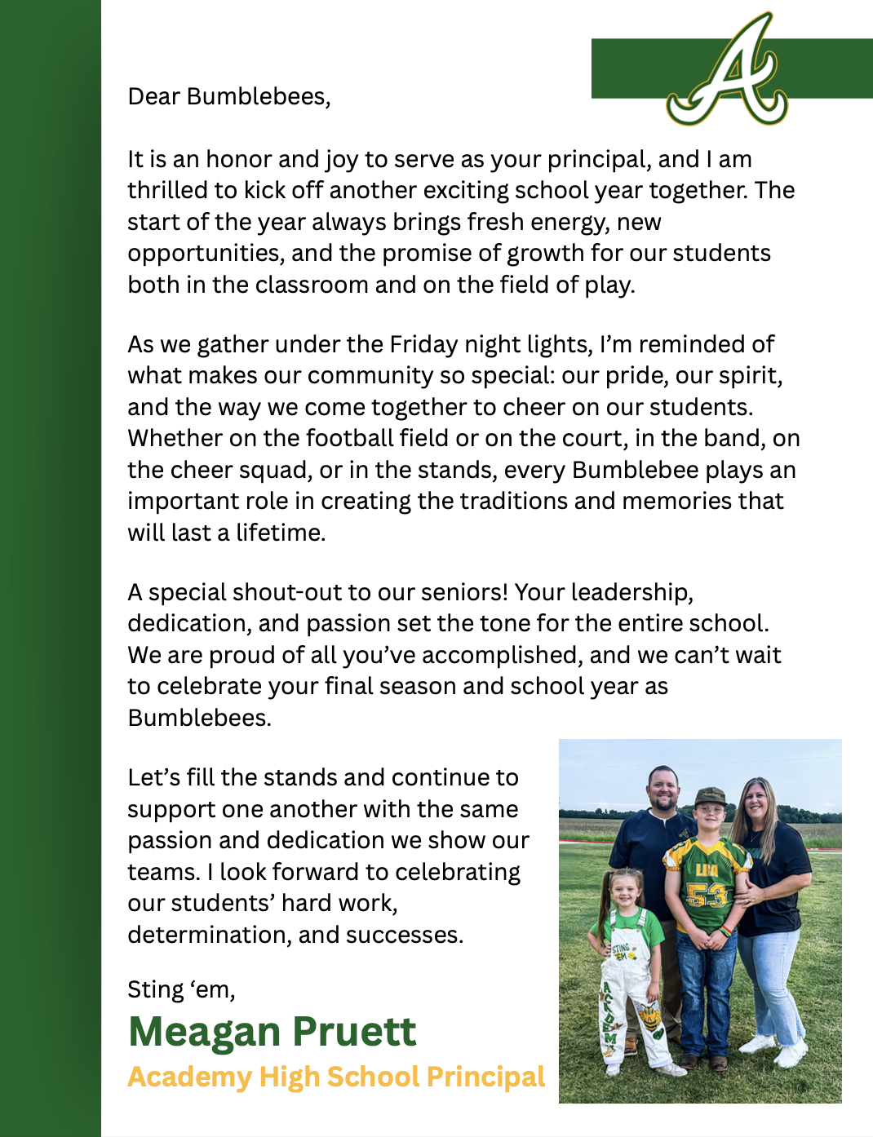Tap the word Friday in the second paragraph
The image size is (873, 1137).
coord(423,344)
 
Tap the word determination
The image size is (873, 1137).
coord(204,935)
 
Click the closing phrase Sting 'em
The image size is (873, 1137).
coord(181,990)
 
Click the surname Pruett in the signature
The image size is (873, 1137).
coord(354,1032)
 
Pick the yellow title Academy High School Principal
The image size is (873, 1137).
coord(336,1077)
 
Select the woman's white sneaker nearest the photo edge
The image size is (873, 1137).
coord(789,1056)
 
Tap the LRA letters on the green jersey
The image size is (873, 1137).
coord(707,869)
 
